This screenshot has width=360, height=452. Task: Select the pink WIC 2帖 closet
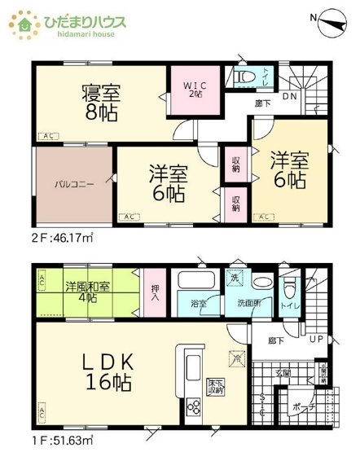click(195, 92)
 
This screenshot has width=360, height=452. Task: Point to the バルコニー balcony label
click(76, 184)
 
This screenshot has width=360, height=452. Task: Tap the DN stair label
click(289, 97)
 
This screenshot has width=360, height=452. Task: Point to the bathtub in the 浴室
click(199, 284)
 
